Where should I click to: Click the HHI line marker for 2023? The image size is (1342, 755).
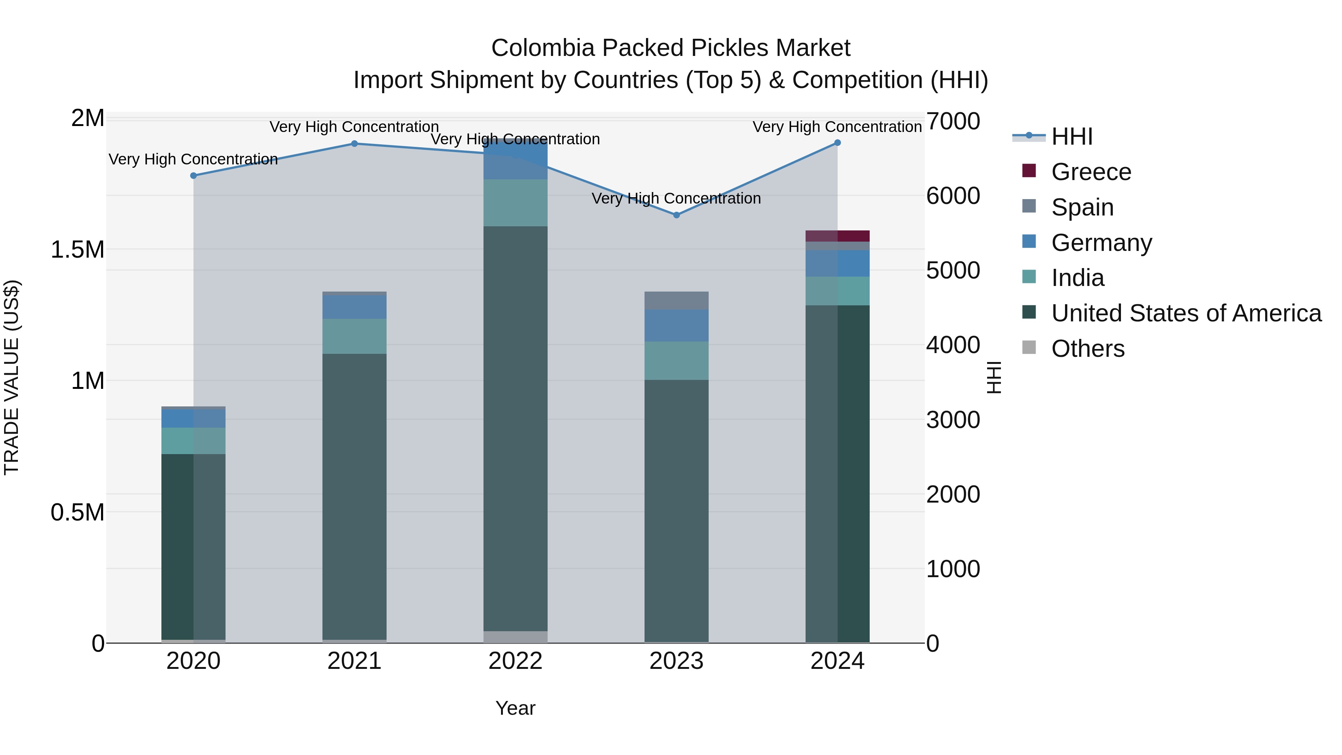click(x=676, y=215)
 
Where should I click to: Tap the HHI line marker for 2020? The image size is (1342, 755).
click(x=193, y=176)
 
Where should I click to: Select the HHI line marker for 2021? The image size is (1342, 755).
click(x=354, y=143)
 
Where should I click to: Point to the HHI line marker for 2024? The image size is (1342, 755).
click(x=837, y=142)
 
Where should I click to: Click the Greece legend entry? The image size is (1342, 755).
click(x=1091, y=172)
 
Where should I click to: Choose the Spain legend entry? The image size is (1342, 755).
click(x=1082, y=207)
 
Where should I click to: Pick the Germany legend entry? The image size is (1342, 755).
click(x=1101, y=243)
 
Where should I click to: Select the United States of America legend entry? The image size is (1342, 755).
click(x=1186, y=313)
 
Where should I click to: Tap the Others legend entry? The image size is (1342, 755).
click(x=1087, y=349)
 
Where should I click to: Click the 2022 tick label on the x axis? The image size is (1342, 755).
click(x=515, y=661)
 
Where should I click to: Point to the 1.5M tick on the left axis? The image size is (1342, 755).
click(x=77, y=249)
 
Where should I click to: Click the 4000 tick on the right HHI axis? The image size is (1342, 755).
click(x=953, y=345)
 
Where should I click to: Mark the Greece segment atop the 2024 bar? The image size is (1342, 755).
click(x=837, y=236)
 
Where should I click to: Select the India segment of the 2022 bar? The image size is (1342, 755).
click(x=515, y=203)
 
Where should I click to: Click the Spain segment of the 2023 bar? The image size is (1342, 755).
click(x=676, y=301)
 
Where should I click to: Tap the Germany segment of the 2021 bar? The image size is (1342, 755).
click(x=354, y=307)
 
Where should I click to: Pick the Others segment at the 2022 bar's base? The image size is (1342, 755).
click(x=515, y=637)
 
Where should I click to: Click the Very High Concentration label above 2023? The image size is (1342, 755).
click(x=676, y=198)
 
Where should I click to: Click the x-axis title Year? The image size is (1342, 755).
click(x=515, y=708)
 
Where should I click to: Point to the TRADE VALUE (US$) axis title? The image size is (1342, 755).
click(x=12, y=377)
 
